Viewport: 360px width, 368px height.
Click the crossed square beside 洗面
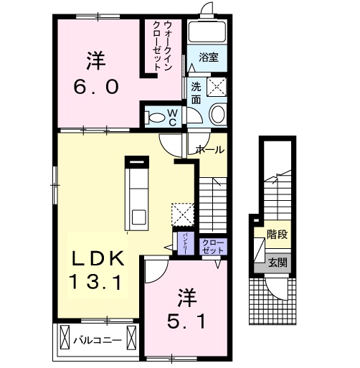coord(217,88)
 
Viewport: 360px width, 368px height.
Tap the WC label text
coord(173,116)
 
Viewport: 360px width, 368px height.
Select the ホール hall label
coord(209,149)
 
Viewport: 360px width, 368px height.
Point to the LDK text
coord(100,257)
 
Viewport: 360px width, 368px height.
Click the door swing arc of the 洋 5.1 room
coord(156,269)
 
